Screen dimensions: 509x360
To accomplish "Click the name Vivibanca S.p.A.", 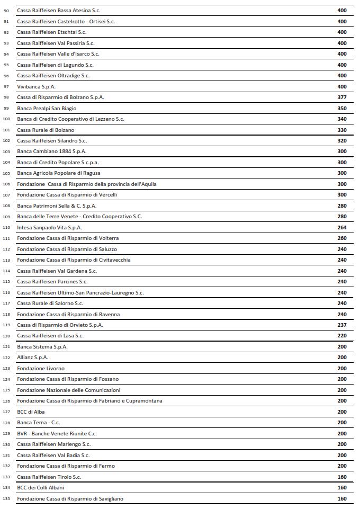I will (37, 86).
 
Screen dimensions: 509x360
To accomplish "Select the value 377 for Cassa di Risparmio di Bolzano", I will (341, 97).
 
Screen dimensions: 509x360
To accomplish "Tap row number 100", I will (6, 119).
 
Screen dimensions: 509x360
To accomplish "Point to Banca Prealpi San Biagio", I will (47, 108).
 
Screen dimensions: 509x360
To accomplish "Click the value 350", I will (341, 108).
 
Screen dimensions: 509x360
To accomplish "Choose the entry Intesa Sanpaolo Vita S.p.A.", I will (50, 227).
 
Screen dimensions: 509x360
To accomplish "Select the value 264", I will (341, 227).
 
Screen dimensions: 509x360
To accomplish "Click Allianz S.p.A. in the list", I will (33, 358).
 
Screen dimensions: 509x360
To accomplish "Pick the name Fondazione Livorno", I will (41, 368).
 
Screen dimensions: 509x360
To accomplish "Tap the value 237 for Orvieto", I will (341, 325).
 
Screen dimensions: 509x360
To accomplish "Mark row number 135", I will (6, 498).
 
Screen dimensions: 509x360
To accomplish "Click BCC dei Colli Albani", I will (41, 487).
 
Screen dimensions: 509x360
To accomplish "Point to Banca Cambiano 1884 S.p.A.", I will (51, 151).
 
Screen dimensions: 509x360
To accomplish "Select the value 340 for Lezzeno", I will (341, 119).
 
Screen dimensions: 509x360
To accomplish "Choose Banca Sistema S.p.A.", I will (42, 346).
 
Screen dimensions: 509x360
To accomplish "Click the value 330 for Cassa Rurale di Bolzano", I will (341, 130).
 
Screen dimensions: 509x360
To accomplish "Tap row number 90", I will (6, 11).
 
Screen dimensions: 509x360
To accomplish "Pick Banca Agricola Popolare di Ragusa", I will (59, 173).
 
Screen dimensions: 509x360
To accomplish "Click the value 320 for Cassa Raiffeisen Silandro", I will (341, 141).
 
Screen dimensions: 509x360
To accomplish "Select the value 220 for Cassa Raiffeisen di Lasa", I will (341, 336).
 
